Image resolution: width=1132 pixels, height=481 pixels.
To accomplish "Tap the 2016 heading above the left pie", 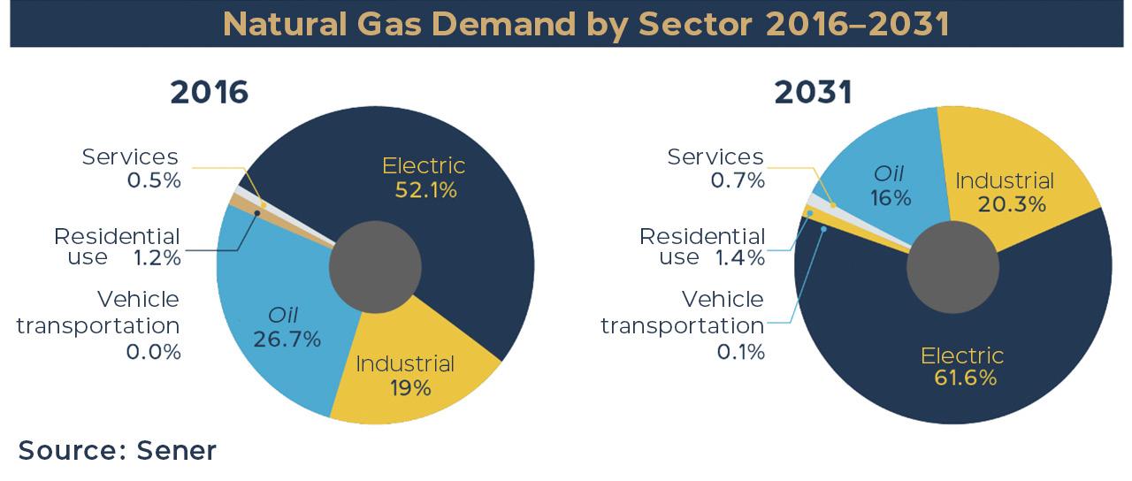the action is [x=210, y=93].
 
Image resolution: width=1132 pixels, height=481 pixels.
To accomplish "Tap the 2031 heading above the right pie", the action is [x=813, y=93].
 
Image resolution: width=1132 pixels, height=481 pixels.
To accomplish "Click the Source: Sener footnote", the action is [x=118, y=450].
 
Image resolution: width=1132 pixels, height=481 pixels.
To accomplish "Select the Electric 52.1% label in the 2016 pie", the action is [x=424, y=178].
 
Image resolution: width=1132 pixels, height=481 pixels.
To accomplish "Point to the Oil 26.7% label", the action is [x=287, y=327].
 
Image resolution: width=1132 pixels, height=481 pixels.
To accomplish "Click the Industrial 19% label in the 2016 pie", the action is [x=405, y=376].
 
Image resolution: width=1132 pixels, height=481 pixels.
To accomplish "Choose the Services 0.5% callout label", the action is [x=130, y=168].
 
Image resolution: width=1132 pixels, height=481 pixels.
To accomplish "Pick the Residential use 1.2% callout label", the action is [x=118, y=247].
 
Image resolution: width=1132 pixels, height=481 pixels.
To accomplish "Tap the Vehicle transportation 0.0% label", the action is [x=98, y=325].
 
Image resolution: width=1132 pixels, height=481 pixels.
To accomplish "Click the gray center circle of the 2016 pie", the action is [x=375, y=266].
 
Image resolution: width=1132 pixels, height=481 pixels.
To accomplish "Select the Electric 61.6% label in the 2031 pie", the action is [x=962, y=366].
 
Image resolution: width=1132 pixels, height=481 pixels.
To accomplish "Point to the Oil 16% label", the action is [x=891, y=186].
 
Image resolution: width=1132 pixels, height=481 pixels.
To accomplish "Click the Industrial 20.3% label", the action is [x=1005, y=193].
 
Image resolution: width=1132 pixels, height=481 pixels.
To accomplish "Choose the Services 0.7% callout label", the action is [x=715, y=168].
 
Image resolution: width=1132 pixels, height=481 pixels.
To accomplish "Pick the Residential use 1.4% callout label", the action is [x=702, y=247].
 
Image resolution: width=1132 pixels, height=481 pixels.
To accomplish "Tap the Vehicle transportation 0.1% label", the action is [x=682, y=325].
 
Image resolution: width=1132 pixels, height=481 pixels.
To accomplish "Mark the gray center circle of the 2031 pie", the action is [x=952, y=266].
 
